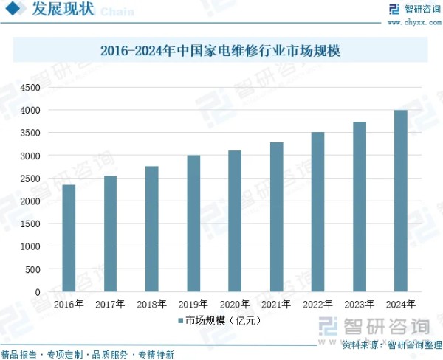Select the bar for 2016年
(x=69, y=238)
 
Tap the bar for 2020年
(x=234, y=221)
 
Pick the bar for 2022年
(x=317, y=212)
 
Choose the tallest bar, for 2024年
(x=400, y=201)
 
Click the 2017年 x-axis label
(x=110, y=304)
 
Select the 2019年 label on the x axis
(x=193, y=304)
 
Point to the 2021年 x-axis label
(x=276, y=304)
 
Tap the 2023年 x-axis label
(x=359, y=304)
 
